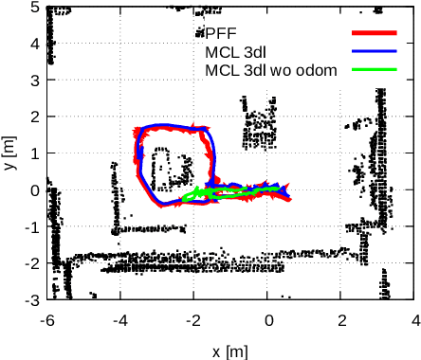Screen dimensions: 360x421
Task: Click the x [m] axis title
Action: [x=229, y=351]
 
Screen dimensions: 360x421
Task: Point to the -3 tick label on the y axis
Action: [x=30, y=299]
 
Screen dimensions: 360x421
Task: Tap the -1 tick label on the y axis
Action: [x=30, y=226]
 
